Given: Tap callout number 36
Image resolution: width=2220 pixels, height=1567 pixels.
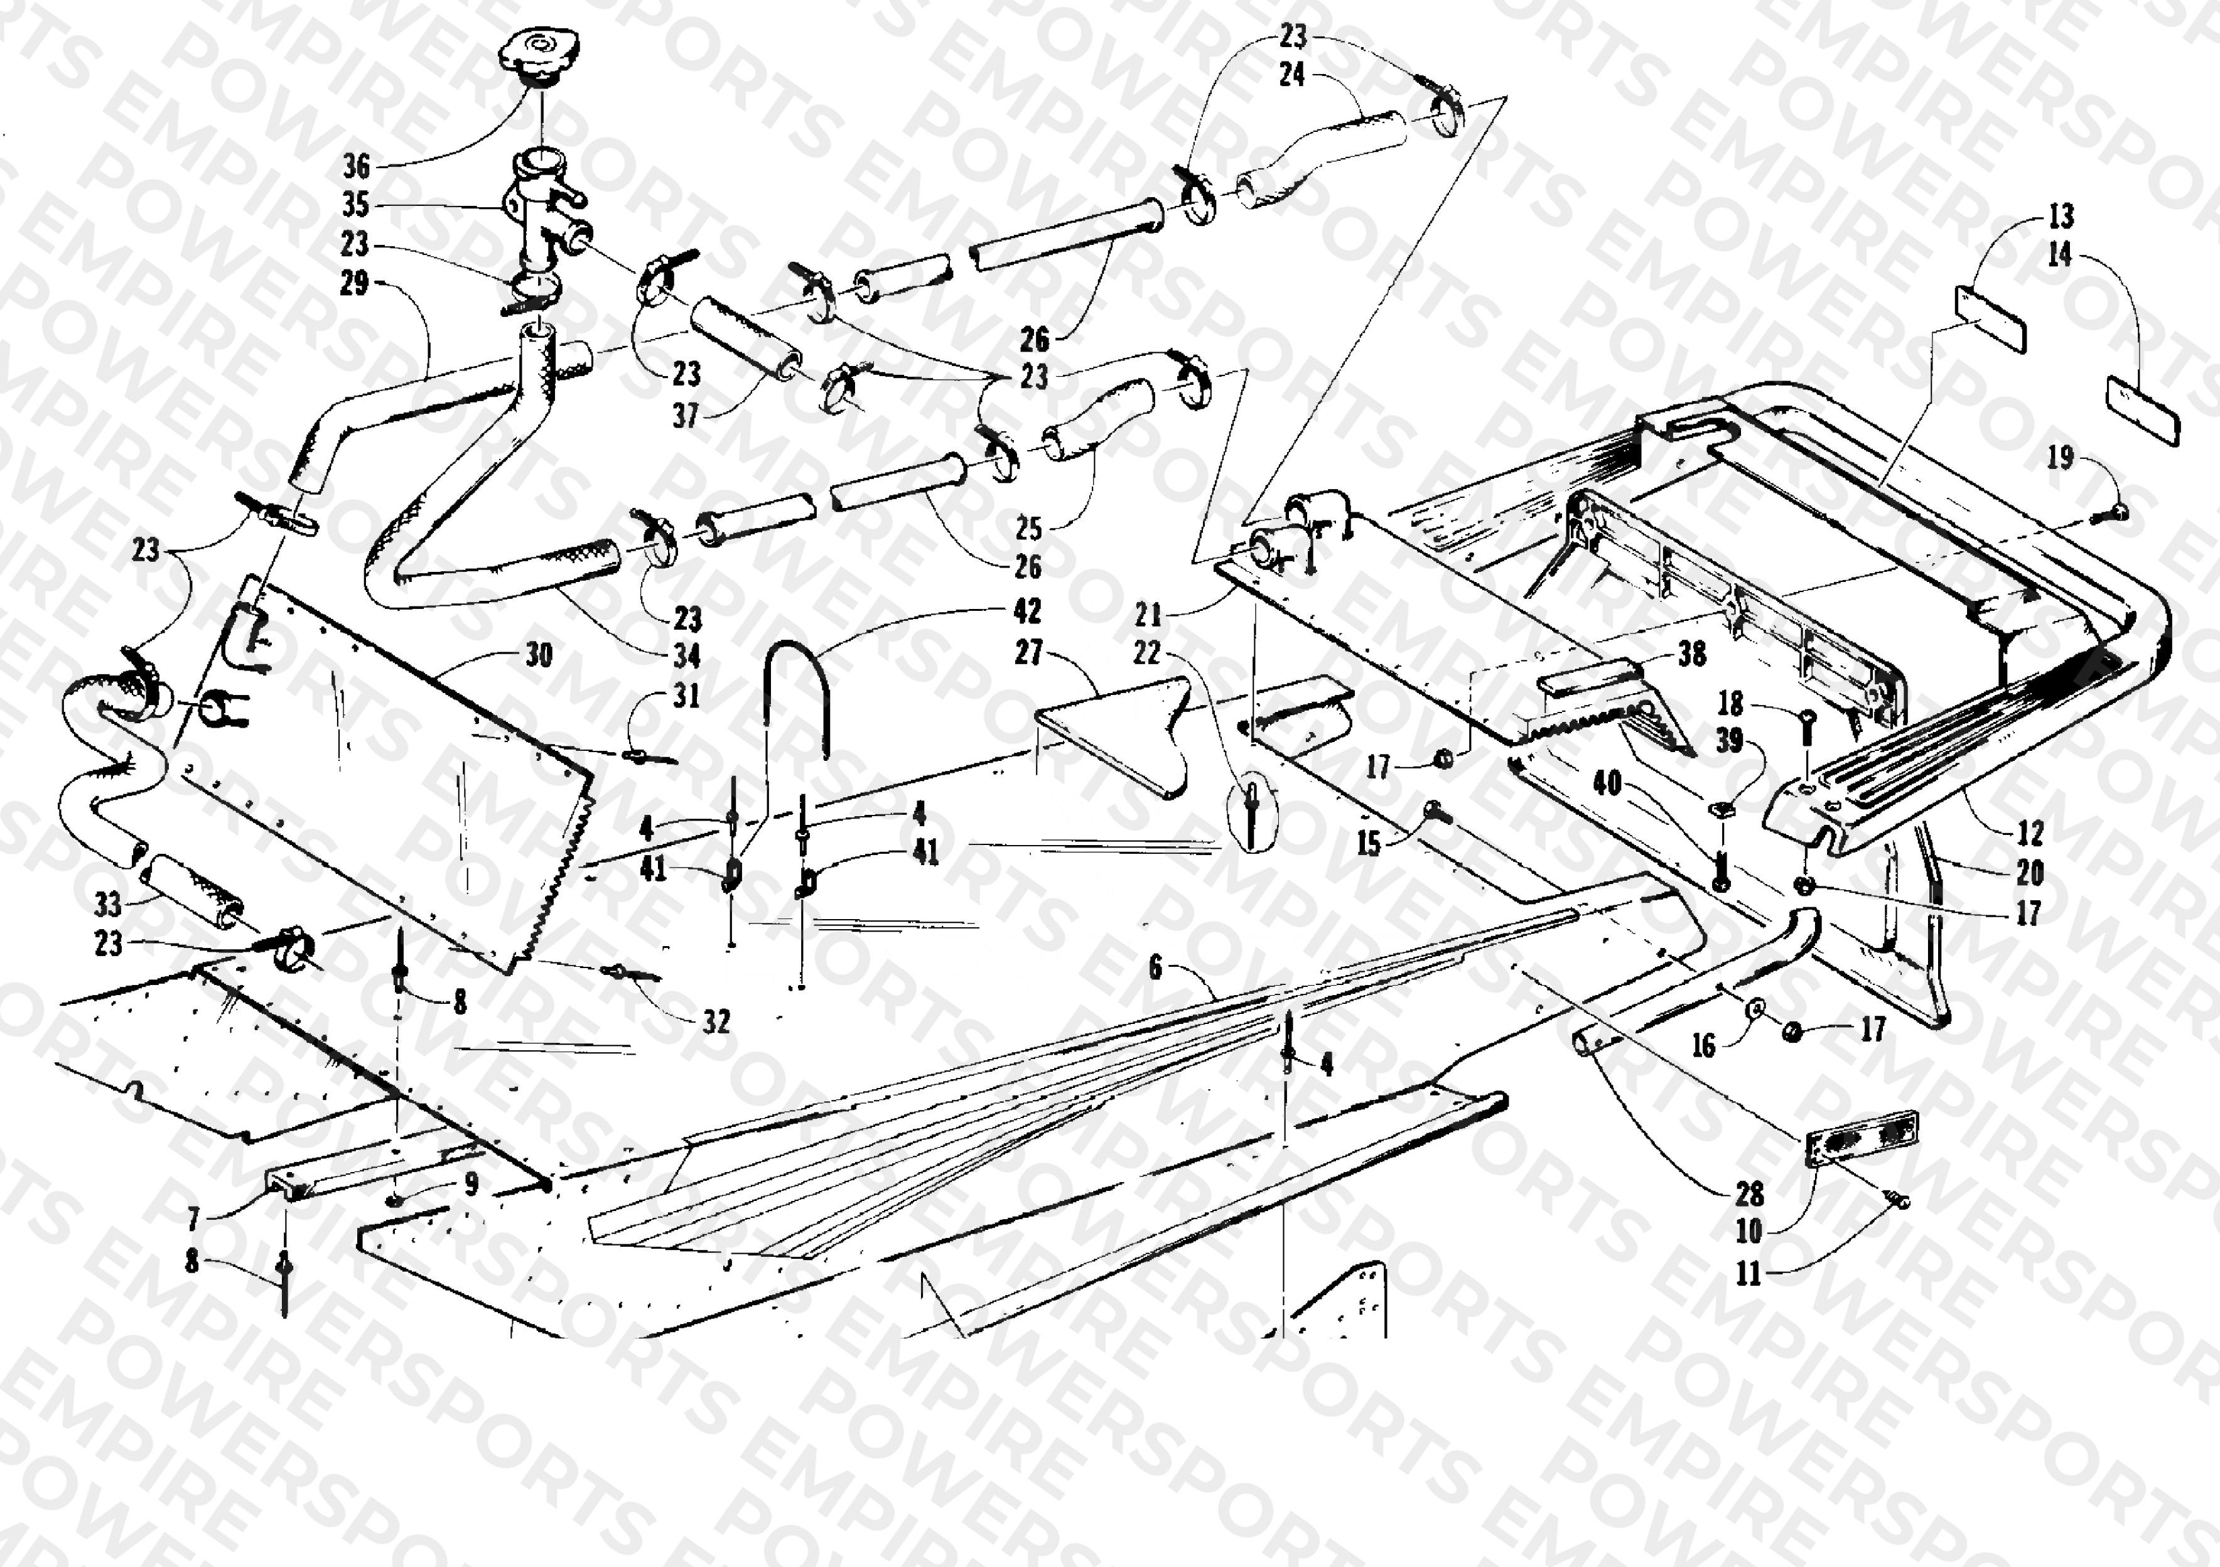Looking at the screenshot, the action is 357,166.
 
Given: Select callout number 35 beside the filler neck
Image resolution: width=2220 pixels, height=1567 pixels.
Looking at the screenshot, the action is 356,205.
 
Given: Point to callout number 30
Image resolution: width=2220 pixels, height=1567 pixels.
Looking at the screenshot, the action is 539,655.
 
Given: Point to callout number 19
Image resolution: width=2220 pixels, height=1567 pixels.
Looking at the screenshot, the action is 2061,457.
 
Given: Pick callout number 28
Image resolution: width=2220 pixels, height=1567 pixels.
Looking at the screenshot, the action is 1749,1195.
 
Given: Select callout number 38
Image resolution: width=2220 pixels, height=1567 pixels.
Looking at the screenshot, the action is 1691,654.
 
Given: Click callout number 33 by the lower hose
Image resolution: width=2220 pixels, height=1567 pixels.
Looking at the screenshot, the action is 107,905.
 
